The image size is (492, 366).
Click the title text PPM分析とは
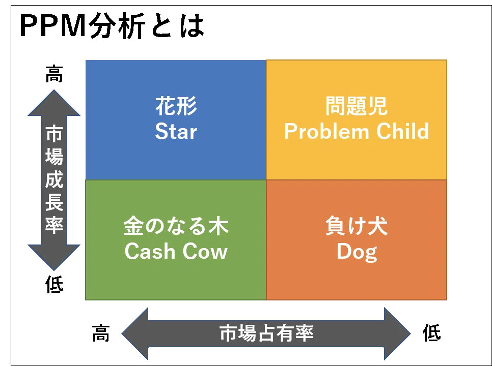pos(112,26)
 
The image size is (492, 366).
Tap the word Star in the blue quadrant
pos(176,131)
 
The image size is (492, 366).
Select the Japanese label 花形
pos(176,106)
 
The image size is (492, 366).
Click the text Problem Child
pos(357,131)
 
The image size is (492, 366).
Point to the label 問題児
pos(357,106)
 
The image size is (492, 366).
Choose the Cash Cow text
pos(176,251)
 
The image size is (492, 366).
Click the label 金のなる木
pos(176,226)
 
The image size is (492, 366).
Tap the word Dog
pos(357,252)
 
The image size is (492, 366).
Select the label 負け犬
pos(357,226)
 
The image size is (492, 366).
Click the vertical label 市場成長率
pos(54,180)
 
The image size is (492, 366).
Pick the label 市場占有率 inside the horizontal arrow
pos(266,333)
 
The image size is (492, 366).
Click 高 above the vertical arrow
pos(54,74)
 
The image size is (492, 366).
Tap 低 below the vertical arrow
pos(54,284)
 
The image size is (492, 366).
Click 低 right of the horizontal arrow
pos(432,332)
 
